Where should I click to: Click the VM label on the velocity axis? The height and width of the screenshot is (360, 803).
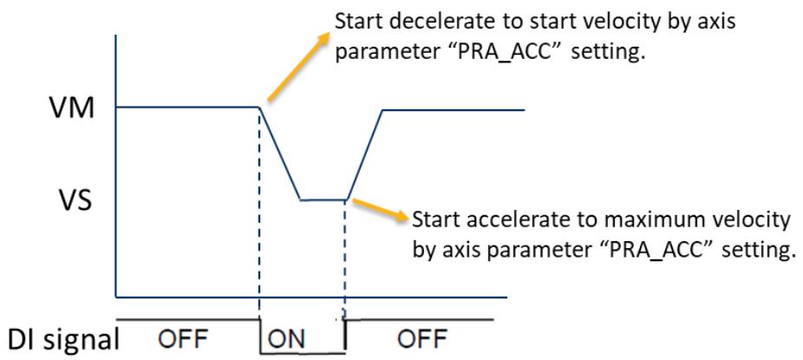(73, 108)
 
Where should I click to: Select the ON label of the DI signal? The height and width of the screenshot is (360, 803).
(286, 338)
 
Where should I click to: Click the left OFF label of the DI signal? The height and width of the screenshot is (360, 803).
(182, 338)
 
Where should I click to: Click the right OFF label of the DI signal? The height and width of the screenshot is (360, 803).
(422, 338)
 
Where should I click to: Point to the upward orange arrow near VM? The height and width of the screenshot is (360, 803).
(298, 67)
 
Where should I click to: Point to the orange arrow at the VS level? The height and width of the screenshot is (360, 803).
(378, 209)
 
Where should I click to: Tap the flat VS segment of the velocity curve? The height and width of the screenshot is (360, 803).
(323, 200)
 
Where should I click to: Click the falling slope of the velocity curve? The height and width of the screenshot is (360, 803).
(279, 154)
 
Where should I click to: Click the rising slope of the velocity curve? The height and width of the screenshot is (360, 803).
(364, 154)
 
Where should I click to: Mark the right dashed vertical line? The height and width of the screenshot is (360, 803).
(344, 259)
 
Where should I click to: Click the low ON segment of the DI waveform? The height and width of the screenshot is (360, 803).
(303, 353)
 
